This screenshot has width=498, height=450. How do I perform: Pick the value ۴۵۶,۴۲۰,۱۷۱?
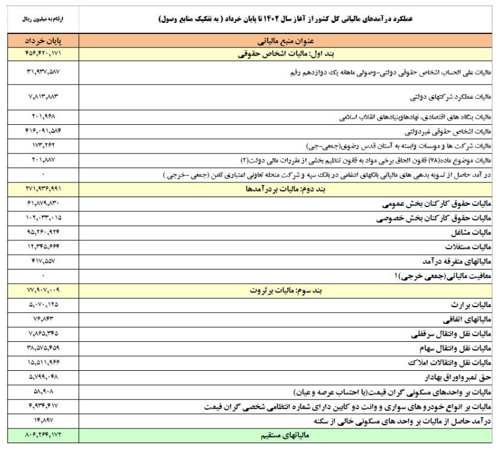[43, 53]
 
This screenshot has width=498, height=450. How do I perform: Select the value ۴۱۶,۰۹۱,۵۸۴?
[43, 131]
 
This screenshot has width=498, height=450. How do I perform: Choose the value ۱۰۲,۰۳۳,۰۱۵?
[43, 218]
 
